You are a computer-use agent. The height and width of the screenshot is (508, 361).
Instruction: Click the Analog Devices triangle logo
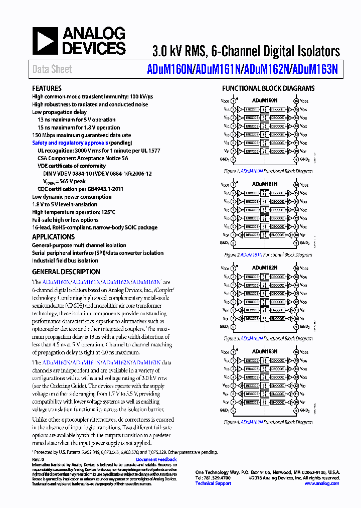[x=45, y=41]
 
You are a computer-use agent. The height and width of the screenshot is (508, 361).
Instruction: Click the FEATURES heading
[x=47, y=88]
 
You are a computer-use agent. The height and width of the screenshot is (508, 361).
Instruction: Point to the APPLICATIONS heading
[x=53, y=237]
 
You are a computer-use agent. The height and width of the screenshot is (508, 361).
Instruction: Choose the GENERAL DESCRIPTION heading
[x=66, y=272]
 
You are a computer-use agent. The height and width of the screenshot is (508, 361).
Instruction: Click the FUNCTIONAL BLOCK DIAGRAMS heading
[x=268, y=88]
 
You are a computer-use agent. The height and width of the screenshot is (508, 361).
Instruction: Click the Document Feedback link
[x=156, y=459]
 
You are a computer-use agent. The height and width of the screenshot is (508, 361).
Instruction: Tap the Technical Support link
[x=213, y=483]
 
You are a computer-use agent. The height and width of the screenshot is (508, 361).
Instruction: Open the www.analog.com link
[x=321, y=483]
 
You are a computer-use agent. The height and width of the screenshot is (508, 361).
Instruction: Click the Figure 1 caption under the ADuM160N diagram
[x=268, y=171]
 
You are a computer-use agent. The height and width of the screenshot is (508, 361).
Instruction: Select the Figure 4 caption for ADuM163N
[x=268, y=423]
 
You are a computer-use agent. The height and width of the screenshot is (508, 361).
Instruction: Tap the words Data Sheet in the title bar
[x=52, y=69]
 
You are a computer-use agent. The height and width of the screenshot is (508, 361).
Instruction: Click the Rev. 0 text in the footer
[x=38, y=459]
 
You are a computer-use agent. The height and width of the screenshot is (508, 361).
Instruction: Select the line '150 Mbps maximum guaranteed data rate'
[x=81, y=135]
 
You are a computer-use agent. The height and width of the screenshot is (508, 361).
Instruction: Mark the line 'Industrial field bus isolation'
[x=65, y=261]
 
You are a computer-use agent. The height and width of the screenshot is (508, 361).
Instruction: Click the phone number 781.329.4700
[x=213, y=478]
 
